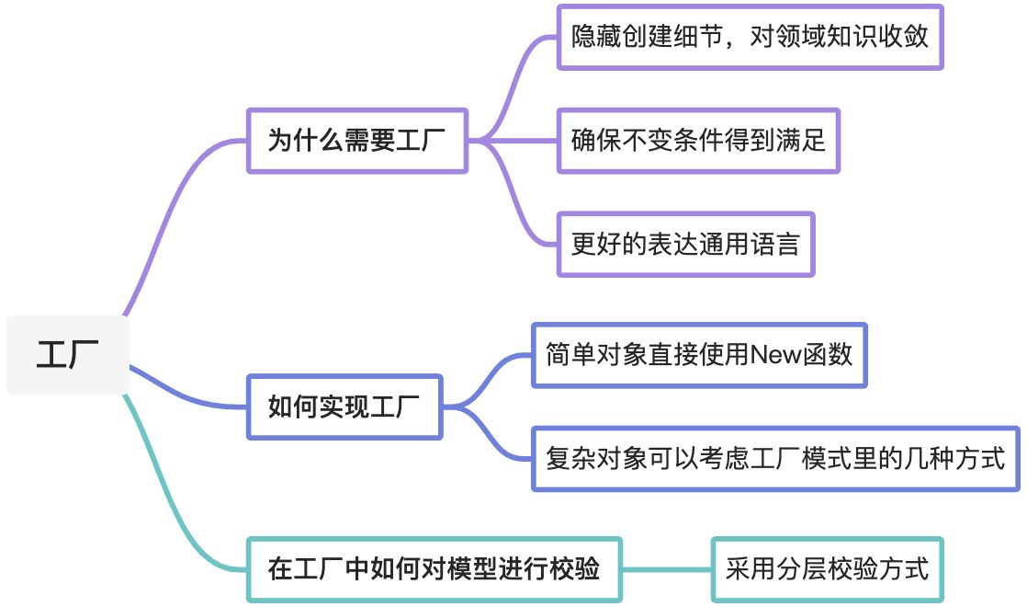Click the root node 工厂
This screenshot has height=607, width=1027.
click(x=66, y=355)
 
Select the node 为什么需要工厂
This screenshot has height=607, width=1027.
click(x=356, y=141)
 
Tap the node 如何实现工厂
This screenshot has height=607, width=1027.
click(x=344, y=407)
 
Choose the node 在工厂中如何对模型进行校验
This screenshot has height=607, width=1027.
click(x=434, y=569)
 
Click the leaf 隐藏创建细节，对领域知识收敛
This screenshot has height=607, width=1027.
click(x=750, y=37)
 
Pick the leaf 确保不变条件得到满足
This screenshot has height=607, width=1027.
click(x=698, y=141)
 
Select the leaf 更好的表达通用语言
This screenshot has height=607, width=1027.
click(x=685, y=245)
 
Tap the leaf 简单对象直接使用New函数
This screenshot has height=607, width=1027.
click(x=699, y=354)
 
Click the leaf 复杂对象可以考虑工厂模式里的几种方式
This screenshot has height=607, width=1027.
click(x=775, y=458)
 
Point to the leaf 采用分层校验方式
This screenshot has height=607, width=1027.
click(x=827, y=569)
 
